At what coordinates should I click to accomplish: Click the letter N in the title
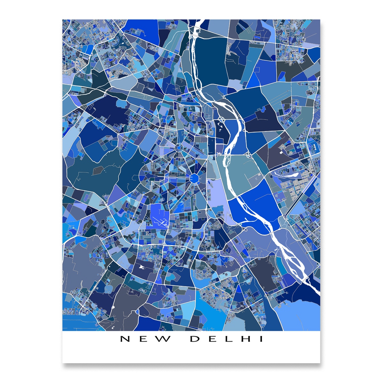point(125,339)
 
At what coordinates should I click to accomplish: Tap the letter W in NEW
point(165,339)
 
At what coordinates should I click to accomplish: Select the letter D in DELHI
point(196,339)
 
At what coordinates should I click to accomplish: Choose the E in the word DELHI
point(213,339)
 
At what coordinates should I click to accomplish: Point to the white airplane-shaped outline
point(160,221)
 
